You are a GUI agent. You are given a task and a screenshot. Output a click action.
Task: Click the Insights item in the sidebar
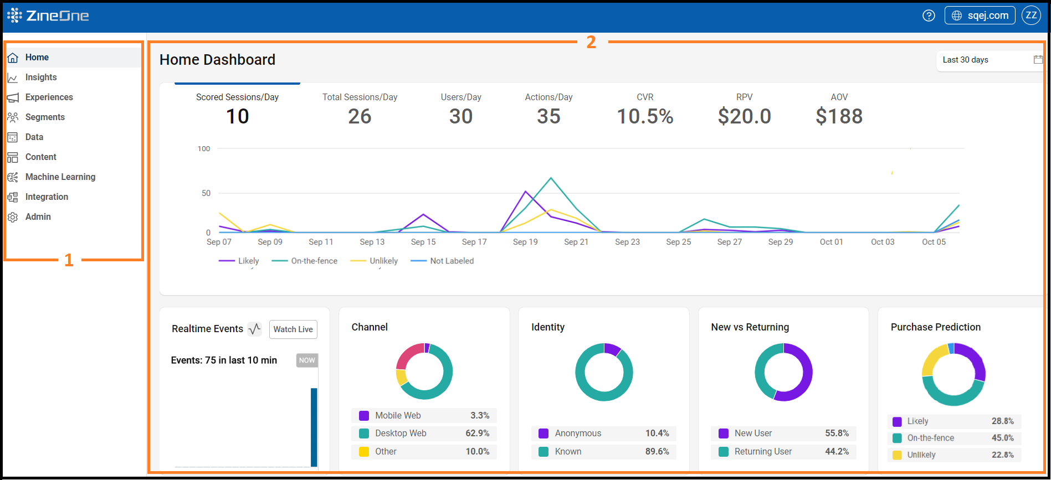click(x=40, y=78)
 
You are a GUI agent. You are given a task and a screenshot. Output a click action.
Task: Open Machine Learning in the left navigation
click(x=60, y=177)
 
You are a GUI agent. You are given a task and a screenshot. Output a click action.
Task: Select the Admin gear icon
click(x=13, y=217)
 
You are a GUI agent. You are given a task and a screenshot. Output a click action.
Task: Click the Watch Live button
click(x=293, y=329)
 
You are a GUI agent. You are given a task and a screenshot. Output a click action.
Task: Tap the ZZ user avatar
click(x=1031, y=16)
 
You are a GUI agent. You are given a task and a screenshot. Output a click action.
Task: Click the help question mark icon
click(x=929, y=16)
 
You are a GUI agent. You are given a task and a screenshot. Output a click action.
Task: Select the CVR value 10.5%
click(x=645, y=116)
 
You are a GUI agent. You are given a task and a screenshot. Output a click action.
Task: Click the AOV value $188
click(x=839, y=116)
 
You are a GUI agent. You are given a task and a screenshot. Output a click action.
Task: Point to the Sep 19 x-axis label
click(x=525, y=242)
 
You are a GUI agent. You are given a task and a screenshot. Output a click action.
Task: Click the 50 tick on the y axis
click(x=206, y=193)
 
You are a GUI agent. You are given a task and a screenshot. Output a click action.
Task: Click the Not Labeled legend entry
click(x=451, y=261)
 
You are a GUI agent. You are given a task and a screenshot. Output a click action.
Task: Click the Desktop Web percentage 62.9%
click(x=477, y=433)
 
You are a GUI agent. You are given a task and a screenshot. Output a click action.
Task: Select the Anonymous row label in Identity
click(x=578, y=433)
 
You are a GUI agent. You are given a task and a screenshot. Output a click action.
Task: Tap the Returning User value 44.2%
click(x=837, y=452)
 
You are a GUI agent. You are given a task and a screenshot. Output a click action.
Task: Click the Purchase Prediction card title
click(x=935, y=327)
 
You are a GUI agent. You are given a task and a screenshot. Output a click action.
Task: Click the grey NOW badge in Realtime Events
click(x=307, y=360)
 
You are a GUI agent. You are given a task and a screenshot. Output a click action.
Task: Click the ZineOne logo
click(x=48, y=16)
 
